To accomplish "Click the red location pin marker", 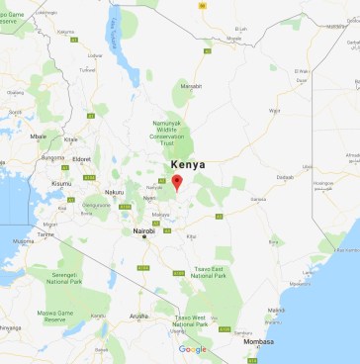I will [177, 182].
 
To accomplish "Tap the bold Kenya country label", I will [189, 164].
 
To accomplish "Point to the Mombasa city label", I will [286, 341].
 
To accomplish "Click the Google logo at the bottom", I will [193, 349].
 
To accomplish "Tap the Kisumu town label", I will [61, 183].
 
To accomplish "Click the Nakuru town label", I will [116, 192].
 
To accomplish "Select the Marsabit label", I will [191, 86].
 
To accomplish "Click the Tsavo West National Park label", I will [189, 320].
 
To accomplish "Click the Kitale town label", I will [70, 139].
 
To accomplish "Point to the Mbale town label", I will [38, 136].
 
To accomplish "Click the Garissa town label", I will [260, 200].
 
